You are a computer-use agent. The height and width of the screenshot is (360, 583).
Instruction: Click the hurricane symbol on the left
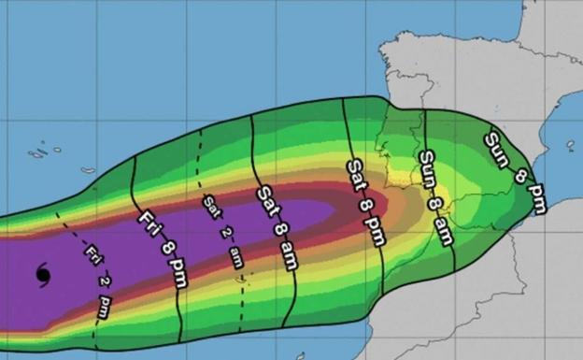pos(43,274)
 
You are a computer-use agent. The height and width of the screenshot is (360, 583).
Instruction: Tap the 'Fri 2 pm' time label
pos(97,281)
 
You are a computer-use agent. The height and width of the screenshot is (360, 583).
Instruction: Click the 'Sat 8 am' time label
pos(277,227)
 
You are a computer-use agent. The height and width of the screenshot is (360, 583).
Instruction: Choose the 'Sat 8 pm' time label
pos(365,202)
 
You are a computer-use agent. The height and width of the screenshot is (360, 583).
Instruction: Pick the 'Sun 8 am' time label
pos(435,197)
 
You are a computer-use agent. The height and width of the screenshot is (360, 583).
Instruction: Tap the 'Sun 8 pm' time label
pos(515,172)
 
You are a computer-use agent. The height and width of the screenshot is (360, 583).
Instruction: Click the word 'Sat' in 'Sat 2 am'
pos(210,205)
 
